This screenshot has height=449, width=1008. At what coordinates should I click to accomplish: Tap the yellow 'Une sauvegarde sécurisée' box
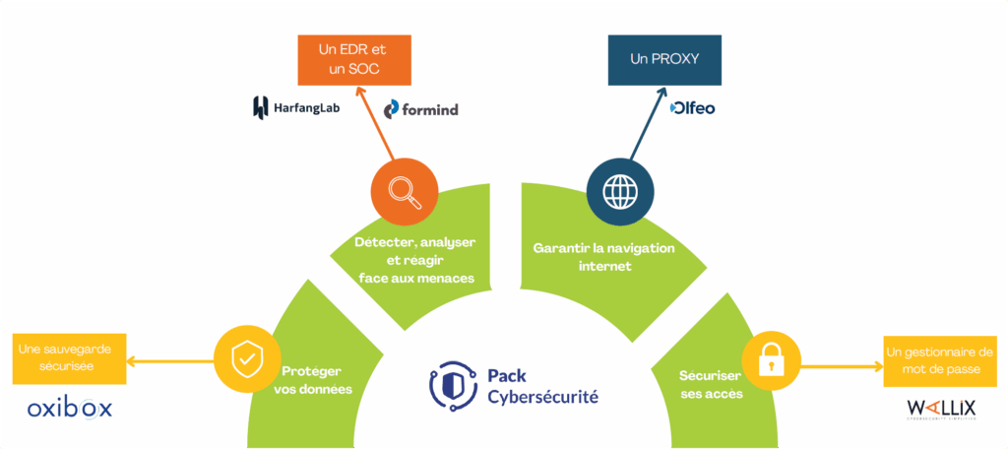(x=70, y=358)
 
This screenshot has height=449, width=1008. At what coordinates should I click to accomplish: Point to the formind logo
(x=420, y=108)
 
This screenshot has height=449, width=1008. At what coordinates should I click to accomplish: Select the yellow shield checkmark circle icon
(x=242, y=358)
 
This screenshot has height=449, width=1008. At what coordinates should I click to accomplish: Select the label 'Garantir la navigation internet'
(x=603, y=256)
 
